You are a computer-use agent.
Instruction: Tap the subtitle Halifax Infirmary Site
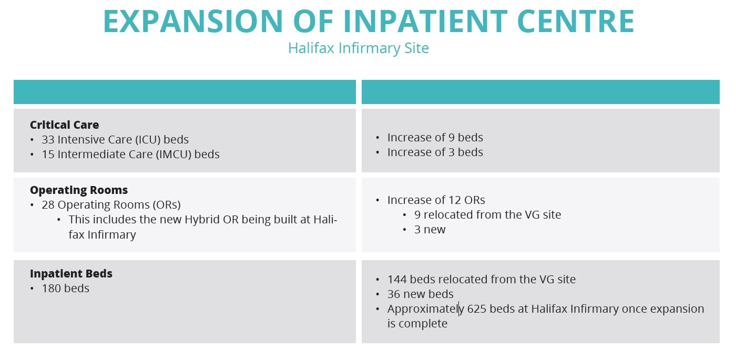click(x=359, y=48)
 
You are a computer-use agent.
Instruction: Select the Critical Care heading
click(x=64, y=125)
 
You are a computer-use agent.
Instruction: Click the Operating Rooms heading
click(x=79, y=190)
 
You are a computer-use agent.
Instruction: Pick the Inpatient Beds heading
click(x=71, y=274)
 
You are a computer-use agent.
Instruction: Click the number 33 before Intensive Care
click(x=48, y=140)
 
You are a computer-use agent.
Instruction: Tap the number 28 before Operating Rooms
click(x=48, y=205)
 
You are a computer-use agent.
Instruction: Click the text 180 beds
click(x=66, y=289)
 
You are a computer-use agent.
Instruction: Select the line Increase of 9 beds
click(x=435, y=138)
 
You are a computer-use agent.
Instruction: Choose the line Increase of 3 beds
click(x=435, y=152)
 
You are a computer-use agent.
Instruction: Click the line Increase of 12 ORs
click(x=436, y=200)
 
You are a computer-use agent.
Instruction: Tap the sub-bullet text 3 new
click(x=430, y=230)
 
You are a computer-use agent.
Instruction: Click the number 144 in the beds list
click(x=397, y=280)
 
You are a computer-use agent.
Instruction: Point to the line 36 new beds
click(x=420, y=294)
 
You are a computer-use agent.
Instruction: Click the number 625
click(x=476, y=309)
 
